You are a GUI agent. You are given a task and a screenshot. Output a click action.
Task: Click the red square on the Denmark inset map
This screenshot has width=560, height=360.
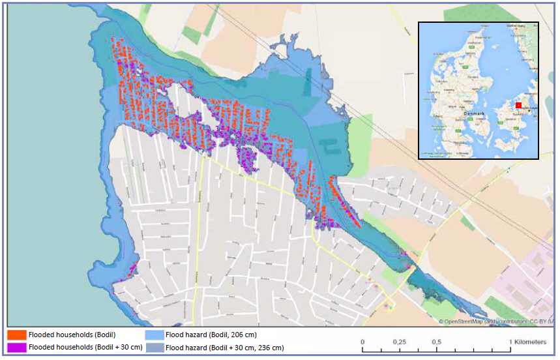pyautogui.click(x=518, y=104)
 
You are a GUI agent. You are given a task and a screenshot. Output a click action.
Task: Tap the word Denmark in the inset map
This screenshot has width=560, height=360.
pyautogui.click(x=474, y=113)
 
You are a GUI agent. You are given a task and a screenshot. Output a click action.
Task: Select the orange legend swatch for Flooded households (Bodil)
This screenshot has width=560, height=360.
pyautogui.click(x=17, y=335)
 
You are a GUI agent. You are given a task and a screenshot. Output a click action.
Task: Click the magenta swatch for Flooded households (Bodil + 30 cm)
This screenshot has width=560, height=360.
pyautogui.click(x=17, y=347)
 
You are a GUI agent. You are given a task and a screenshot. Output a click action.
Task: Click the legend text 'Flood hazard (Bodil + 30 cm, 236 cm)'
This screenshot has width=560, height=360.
pyautogui.click(x=225, y=348)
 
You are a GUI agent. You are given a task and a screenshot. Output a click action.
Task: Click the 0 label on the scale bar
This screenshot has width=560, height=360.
pyautogui.click(x=362, y=342)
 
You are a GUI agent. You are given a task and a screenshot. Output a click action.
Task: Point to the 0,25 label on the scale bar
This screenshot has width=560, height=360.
pyautogui.click(x=400, y=342)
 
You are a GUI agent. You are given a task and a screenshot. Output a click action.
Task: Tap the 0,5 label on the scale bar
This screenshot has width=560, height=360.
pyautogui.click(x=437, y=342)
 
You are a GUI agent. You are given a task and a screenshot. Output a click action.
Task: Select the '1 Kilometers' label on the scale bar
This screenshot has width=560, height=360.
pyautogui.click(x=525, y=342)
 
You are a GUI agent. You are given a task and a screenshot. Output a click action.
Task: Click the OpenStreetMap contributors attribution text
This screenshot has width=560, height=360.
pyautogui.click(x=495, y=322)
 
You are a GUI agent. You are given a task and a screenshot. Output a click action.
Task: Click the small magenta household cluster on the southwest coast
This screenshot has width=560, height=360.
pyautogui.click(x=133, y=268)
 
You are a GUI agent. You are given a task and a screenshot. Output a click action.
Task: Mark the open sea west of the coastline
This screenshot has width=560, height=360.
pyautogui.click(x=46, y=163)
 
